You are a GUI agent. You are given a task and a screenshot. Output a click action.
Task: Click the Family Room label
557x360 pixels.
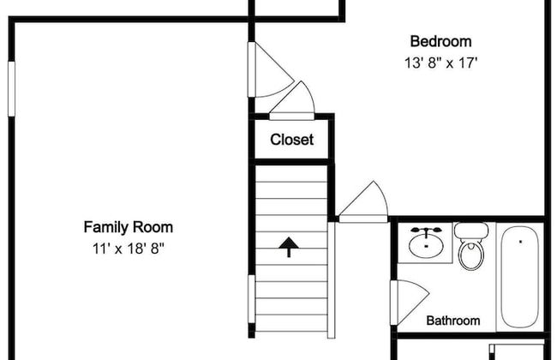[x=129, y=227]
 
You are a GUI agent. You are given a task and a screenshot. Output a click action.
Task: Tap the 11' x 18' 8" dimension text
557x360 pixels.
[x=129, y=249]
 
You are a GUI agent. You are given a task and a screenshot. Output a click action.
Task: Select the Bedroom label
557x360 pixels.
[x=440, y=41]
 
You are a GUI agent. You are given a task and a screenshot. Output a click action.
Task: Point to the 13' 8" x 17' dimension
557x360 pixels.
[x=440, y=63]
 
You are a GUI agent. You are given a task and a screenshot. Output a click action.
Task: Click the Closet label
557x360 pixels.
[x=291, y=140]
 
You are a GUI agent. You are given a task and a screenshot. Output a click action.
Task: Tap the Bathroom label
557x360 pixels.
[x=453, y=321]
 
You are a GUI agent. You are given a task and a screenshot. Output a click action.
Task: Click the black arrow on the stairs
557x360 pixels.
[x=289, y=247]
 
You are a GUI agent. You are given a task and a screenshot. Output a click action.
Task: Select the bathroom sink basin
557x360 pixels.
[x=426, y=245]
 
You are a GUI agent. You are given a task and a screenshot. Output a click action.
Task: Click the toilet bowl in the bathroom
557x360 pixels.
[x=471, y=255]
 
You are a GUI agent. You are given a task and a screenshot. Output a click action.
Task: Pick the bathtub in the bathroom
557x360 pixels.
[x=520, y=277]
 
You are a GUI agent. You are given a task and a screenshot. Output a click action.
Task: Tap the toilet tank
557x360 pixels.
[x=471, y=231]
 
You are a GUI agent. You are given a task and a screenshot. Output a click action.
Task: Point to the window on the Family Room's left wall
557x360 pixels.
[x=11, y=89]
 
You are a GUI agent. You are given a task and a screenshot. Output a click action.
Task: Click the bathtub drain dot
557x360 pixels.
[x=520, y=242]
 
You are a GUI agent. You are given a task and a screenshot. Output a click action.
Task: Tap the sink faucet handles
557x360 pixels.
[x=426, y=231]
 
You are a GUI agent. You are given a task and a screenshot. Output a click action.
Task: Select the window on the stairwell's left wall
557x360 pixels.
[x=251, y=299]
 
